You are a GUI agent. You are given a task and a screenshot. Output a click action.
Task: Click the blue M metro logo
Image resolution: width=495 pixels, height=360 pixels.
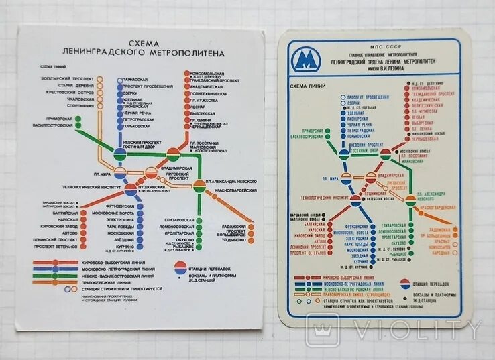click(305, 61)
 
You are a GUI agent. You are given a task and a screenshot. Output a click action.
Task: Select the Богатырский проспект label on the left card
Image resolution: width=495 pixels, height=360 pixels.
click(63, 78)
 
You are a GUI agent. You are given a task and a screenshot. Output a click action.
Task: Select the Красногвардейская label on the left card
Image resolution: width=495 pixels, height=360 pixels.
click(235, 191)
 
